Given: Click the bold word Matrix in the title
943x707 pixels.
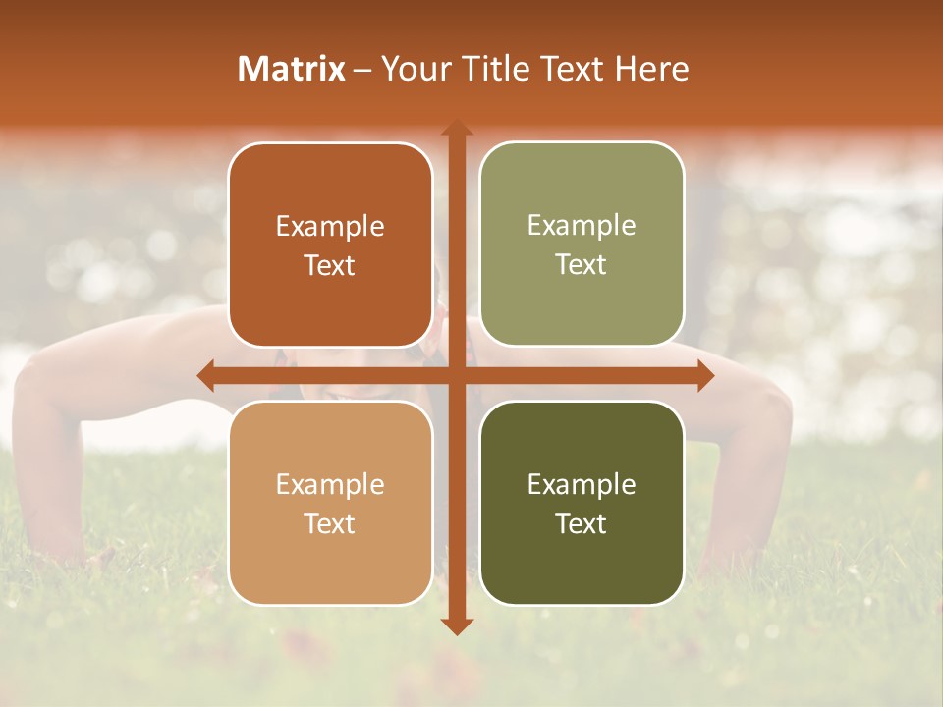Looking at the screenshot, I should (292, 69).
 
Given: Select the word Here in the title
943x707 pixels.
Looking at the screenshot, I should (652, 69).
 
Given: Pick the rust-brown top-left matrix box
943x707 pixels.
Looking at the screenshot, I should (330, 245).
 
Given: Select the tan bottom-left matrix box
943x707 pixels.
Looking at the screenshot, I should (330, 503).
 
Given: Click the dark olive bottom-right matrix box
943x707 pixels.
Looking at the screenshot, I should (582, 503).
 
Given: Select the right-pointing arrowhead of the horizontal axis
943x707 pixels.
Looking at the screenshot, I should (704, 376).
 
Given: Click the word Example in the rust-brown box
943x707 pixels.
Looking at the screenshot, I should (330, 227).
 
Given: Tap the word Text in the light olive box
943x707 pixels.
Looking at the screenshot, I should (582, 264).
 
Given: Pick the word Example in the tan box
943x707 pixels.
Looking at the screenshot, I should (330, 484).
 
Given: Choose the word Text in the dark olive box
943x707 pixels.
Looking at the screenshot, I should (582, 523).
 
